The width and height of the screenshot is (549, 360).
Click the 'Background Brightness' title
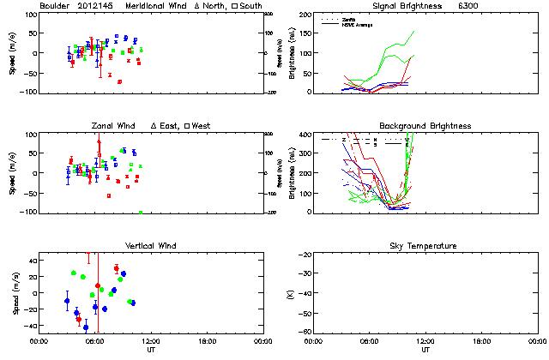coord(425,126)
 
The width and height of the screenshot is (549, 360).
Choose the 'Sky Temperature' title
coord(425,246)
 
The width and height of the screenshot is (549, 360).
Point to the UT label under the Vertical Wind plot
coord(151,350)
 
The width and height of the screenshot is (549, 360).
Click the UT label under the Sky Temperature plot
coord(425,350)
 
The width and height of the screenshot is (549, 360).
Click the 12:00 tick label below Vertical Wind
coord(150,340)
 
